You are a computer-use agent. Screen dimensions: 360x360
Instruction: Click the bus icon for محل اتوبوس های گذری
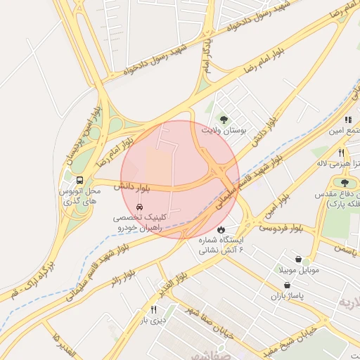(x=79, y=180)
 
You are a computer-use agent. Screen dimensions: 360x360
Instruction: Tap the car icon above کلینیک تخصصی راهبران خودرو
(x=140, y=207)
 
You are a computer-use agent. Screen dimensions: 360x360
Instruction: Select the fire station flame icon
(x=221, y=229)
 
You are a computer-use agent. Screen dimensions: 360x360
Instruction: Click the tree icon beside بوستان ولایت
(x=224, y=119)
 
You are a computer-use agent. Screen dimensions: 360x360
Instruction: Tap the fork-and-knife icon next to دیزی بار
(x=154, y=309)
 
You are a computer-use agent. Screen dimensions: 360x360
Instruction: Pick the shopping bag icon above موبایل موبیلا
(x=298, y=259)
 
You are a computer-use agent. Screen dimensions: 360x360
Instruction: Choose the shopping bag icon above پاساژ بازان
(x=287, y=285)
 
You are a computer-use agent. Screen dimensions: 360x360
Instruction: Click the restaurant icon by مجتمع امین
(x=347, y=120)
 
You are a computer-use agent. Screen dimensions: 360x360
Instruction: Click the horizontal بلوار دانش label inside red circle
(x=134, y=187)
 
